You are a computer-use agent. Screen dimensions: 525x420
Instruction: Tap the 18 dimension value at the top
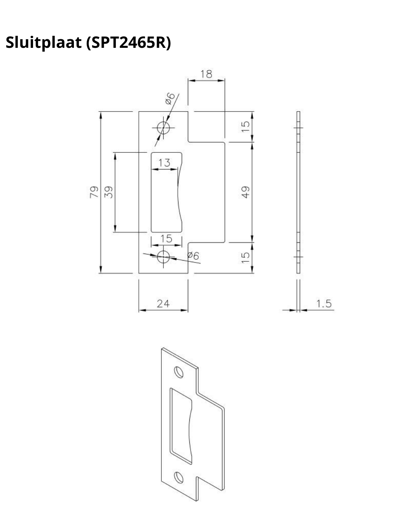pyautogui.click(x=206, y=74)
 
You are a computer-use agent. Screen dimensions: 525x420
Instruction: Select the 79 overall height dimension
pyautogui.click(x=94, y=192)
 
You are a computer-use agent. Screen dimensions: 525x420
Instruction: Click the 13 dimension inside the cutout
pyautogui.click(x=164, y=163)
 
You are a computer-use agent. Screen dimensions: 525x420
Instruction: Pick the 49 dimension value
pyautogui.click(x=245, y=192)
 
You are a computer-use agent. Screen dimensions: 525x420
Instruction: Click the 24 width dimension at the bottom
pyautogui.click(x=163, y=304)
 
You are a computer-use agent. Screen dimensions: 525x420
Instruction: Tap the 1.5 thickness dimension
pyautogui.click(x=324, y=304)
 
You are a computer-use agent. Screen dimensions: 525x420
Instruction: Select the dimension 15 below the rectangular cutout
pyautogui.click(x=166, y=238)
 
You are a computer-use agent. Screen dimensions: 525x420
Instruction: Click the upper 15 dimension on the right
pyautogui.click(x=245, y=126)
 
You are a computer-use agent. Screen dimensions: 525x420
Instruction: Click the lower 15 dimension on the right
pyautogui.click(x=245, y=257)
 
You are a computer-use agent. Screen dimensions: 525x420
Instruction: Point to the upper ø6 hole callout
pyautogui.click(x=170, y=99)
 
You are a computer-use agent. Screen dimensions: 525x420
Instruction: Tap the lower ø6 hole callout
pyautogui.click(x=193, y=256)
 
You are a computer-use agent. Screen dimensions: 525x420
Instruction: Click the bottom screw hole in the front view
pyautogui.click(x=164, y=257)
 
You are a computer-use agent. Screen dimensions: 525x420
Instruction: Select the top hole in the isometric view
pyautogui.click(x=179, y=372)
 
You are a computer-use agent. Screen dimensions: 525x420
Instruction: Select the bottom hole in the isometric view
pyautogui.click(x=179, y=477)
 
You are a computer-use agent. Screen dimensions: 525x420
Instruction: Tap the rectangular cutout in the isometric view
pyautogui.click(x=180, y=424)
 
